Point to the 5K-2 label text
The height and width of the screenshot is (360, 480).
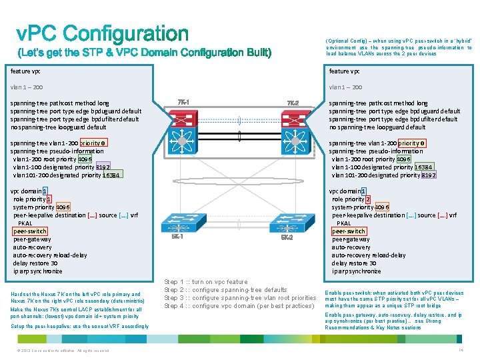tap(287, 238)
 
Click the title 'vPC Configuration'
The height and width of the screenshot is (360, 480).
tap(103, 33)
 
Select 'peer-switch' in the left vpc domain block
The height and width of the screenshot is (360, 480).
tap(30, 231)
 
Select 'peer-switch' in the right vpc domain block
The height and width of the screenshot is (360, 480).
tap(349, 231)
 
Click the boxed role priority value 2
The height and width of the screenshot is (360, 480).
tap(367, 199)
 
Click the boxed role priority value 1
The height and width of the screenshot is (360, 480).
tap(49, 199)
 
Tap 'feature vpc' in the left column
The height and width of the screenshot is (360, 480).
tap(25, 71)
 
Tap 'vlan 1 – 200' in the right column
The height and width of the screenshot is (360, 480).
tap(345, 87)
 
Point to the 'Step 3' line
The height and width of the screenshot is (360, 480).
tap(240, 298)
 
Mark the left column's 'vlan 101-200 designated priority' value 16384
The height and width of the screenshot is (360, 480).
tap(111, 175)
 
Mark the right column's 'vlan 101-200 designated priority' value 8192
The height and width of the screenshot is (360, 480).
tap(429, 175)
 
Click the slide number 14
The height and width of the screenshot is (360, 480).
tap(460, 350)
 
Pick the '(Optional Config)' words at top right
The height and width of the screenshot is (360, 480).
tap(345, 40)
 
